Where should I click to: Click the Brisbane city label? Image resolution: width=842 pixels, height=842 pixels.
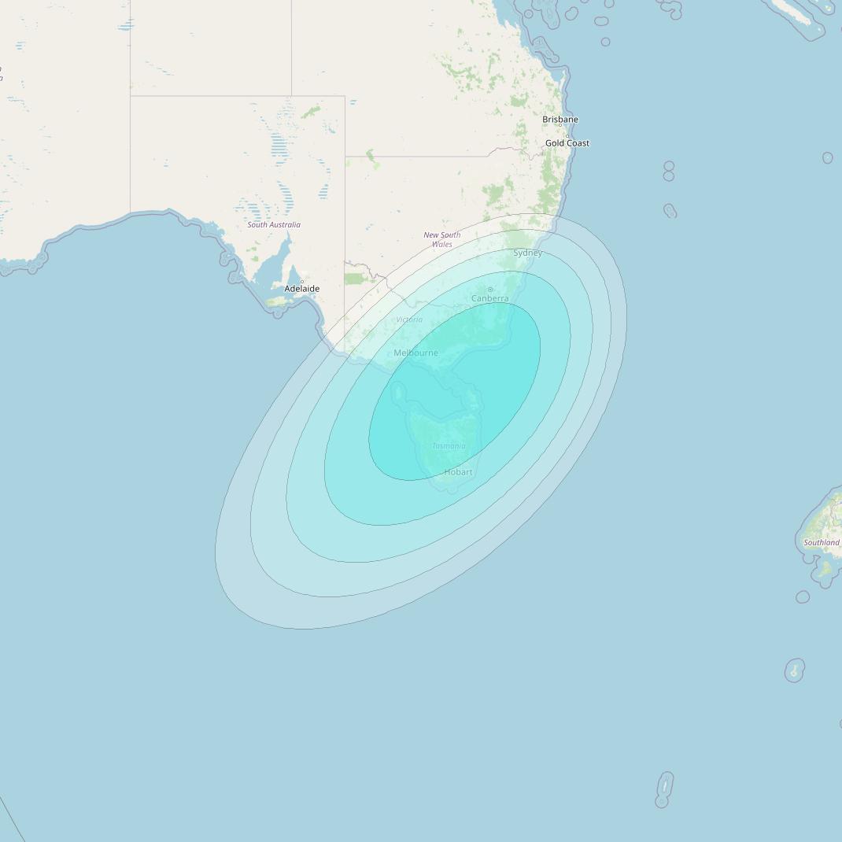point(559,120)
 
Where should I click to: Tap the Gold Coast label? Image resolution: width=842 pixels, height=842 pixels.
point(567,143)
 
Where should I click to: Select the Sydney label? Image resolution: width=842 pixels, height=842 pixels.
point(527,253)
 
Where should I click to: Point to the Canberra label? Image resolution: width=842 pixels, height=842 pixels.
point(489,298)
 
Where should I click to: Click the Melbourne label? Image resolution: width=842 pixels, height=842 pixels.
point(415,353)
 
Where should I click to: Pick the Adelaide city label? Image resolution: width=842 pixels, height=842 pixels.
point(302,289)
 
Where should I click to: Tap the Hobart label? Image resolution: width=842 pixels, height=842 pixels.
point(458,472)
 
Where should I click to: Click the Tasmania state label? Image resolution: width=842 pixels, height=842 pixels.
point(449,446)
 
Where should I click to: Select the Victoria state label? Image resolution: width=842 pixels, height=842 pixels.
point(409,319)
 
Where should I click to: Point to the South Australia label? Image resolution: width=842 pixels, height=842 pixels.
point(274,225)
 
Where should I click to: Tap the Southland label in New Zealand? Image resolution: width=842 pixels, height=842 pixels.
point(821,542)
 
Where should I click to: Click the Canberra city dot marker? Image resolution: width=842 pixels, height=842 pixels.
point(489,290)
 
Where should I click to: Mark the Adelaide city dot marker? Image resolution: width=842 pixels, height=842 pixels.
point(301,281)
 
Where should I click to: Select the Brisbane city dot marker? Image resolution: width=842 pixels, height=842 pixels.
point(559,125)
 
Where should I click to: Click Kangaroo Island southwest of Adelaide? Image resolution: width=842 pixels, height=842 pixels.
point(279,301)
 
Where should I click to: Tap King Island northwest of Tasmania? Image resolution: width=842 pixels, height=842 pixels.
point(398,391)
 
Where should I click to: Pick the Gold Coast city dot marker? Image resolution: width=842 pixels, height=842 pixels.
point(567,135)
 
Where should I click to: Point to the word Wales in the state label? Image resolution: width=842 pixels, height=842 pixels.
point(442,245)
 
